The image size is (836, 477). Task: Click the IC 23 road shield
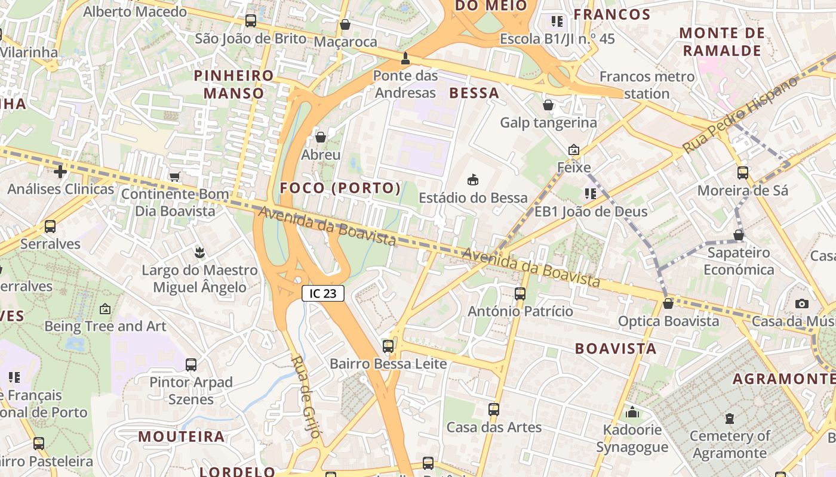point(323,293)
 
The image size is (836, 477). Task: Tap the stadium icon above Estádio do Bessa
point(473,179)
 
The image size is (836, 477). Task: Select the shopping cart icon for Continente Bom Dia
point(175,176)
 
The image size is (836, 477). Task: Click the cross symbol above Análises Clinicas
point(60,172)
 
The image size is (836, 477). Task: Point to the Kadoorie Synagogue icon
point(632,412)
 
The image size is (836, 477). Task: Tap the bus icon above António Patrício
point(520,293)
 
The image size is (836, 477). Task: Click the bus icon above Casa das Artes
point(493,410)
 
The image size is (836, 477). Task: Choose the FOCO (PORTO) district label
point(340,188)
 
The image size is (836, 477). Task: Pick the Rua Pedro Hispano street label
point(740,114)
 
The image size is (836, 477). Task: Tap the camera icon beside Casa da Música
point(802,303)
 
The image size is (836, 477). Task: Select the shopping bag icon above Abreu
point(321,137)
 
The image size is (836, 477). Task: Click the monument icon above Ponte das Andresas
point(405,58)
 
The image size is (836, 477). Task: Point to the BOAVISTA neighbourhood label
point(616,349)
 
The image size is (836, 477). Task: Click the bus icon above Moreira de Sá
point(743,173)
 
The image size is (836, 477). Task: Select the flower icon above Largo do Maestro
point(199,252)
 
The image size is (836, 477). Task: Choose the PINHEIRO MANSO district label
point(234,84)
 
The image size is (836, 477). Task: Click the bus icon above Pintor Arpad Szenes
point(191,364)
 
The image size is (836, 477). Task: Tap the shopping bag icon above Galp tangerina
point(548,105)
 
